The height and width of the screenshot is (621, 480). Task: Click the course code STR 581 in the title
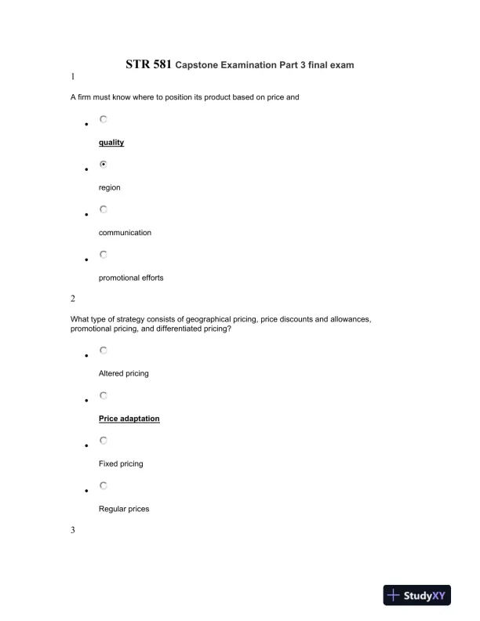pyautogui.click(x=148, y=64)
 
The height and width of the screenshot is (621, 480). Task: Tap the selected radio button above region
pyautogui.click(x=104, y=165)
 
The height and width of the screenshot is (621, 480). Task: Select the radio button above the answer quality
pyautogui.click(x=104, y=120)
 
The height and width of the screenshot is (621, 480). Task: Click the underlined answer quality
pyautogui.click(x=111, y=143)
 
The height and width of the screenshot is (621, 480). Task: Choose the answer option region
pyautogui.click(x=110, y=188)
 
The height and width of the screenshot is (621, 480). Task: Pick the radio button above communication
pyautogui.click(x=104, y=209)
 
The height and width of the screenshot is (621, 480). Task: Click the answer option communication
pyautogui.click(x=125, y=233)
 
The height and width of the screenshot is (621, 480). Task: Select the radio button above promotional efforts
pyautogui.click(x=104, y=254)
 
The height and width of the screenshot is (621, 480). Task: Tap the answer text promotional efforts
pyautogui.click(x=131, y=278)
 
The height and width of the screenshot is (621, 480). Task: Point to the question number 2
pyautogui.click(x=73, y=298)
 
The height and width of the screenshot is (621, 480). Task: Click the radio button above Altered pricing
pyautogui.click(x=104, y=350)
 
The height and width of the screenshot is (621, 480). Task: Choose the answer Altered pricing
pyautogui.click(x=123, y=374)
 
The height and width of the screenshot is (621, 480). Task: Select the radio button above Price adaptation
pyautogui.click(x=104, y=395)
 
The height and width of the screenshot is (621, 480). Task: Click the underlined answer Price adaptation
pyautogui.click(x=129, y=419)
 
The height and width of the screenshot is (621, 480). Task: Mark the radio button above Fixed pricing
pyautogui.click(x=104, y=441)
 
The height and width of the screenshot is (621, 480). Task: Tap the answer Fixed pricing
pyautogui.click(x=121, y=464)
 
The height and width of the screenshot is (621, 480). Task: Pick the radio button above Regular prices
pyautogui.click(x=104, y=485)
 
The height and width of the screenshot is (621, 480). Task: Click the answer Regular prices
pyautogui.click(x=124, y=509)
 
